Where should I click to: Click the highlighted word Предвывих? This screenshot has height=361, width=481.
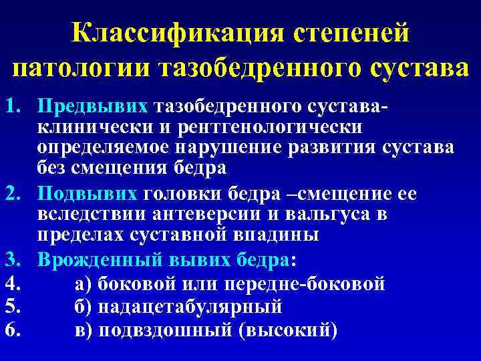(93, 107)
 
